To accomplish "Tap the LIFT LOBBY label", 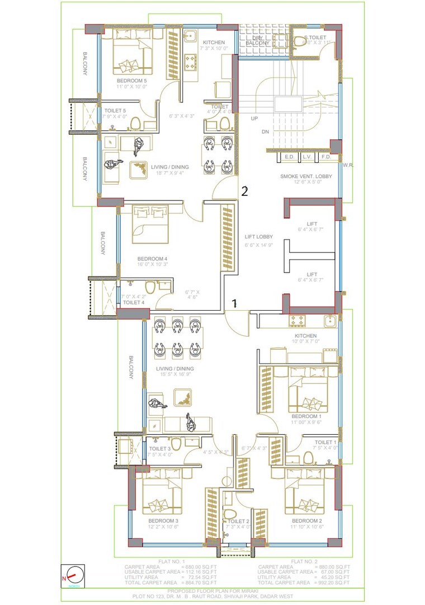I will pyautogui.click(x=259, y=237).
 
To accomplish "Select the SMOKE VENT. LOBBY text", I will pyautogui.click(x=306, y=176).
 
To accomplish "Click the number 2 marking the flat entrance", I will pyautogui.click(x=244, y=191).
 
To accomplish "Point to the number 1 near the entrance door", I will pyautogui.click(x=235, y=303).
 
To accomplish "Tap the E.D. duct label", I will pyautogui.click(x=290, y=157).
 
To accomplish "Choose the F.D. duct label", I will pyautogui.click(x=327, y=157).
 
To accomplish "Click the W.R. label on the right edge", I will pyautogui.click(x=347, y=165).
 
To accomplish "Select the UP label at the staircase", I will pyautogui.click(x=254, y=119).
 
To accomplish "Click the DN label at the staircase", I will pyautogui.click(x=265, y=132).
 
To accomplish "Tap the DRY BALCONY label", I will pyautogui.click(x=258, y=40).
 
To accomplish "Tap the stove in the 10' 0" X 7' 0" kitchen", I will pyautogui.click(x=296, y=321).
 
